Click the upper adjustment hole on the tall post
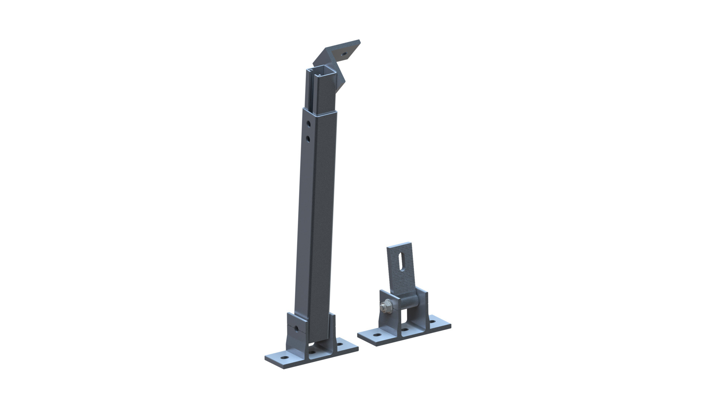point(308,123)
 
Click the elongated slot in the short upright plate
point(399,262)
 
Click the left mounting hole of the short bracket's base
point(377,335)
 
